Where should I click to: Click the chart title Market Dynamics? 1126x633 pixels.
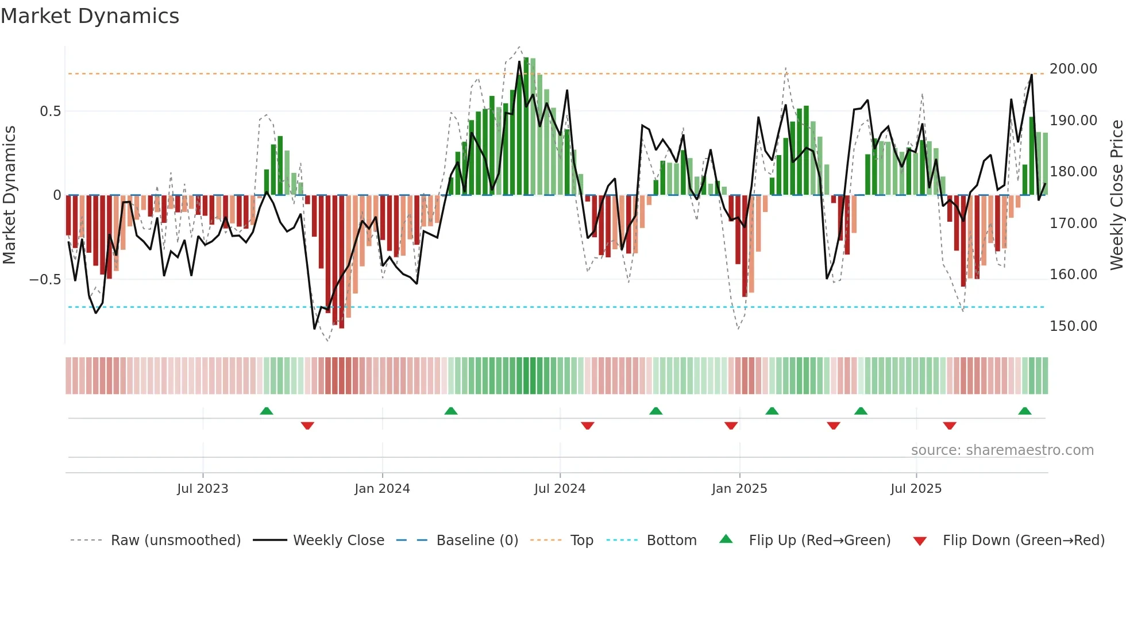(90, 16)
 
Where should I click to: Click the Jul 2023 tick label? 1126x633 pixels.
(202, 489)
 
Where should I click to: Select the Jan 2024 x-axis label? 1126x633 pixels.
(382, 489)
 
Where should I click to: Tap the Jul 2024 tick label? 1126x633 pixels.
(560, 489)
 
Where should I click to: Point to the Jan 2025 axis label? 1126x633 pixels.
(739, 489)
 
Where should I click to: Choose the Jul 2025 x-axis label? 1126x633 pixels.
(916, 489)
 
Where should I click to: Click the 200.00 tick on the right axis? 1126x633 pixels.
(1073, 69)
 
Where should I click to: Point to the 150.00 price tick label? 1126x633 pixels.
(1073, 326)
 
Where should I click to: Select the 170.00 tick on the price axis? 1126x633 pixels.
(1073, 223)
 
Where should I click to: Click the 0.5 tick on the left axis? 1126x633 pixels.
(50, 111)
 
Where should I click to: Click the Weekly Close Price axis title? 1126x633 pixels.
(1116, 195)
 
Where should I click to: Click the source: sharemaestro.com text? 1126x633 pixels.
(1002, 450)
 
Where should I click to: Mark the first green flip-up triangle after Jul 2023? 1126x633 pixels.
(266, 411)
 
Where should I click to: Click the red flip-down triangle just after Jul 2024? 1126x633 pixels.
(587, 426)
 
